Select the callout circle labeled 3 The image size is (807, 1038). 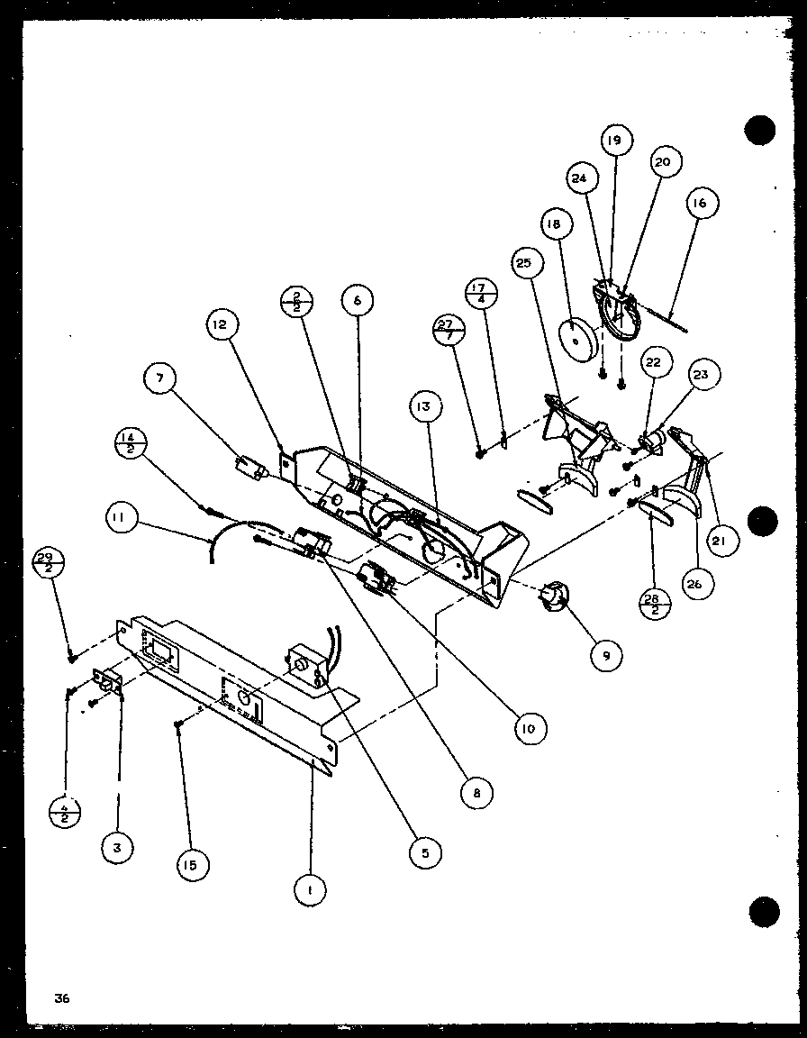click(117, 847)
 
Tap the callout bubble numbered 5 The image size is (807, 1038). click(424, 850)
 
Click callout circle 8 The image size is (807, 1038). click(475, 792)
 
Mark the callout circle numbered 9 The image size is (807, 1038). click(606, 656)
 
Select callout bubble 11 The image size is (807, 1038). click(119, 517)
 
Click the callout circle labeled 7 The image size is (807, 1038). click(159, 378)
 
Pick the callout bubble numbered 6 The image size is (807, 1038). click(357, 300)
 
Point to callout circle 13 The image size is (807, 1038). click(425, 406)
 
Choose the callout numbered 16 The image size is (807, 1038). click(699, 204)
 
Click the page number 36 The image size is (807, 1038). click(61, 997)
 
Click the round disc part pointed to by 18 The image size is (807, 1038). click(574, 339)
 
